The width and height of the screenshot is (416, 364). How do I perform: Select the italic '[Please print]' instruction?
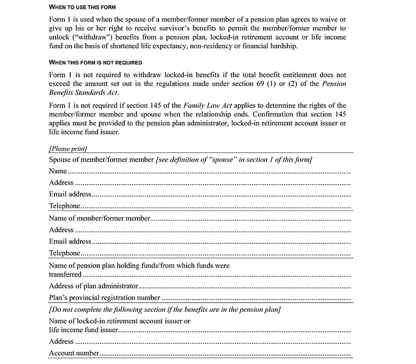(x=68, y=148)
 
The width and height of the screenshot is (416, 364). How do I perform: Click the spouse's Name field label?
(x=58, y=171)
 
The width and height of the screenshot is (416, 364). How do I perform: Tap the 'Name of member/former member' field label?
(x=100, y=218)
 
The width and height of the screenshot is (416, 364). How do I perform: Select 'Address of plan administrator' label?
(x=94, y=286)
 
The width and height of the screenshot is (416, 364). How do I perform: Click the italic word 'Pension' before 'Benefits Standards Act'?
(x=333, y=84)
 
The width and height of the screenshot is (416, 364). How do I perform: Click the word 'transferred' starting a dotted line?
(x=65, y=274)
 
